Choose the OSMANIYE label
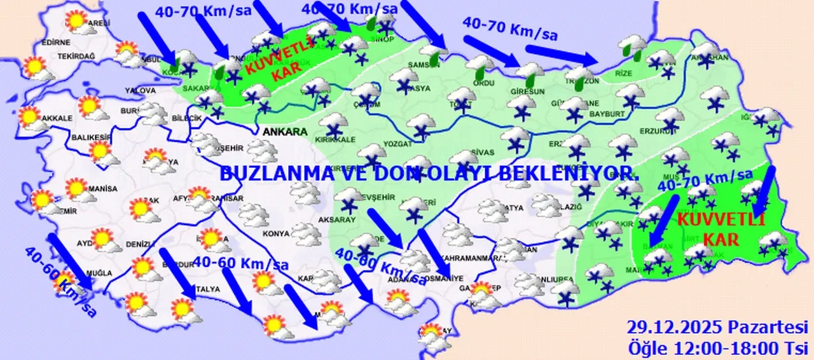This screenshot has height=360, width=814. tap(443, 278)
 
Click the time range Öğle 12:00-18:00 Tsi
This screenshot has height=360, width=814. tap(718, 349)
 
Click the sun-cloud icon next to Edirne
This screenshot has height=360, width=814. tap(35, 69)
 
